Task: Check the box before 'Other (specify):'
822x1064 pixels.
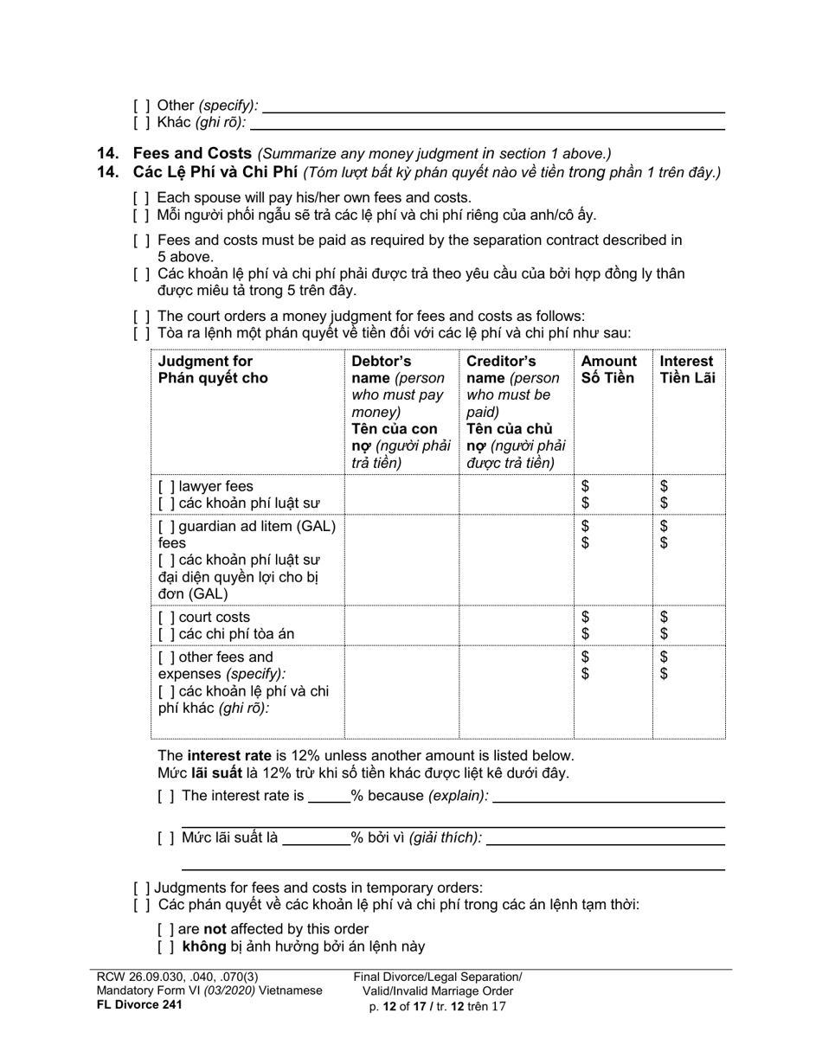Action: (x=141, y=106)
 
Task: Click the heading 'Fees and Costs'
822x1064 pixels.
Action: (x=191, y=154)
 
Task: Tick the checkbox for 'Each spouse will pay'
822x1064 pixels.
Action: (x=141, y=198)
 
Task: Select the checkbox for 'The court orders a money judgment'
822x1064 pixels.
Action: (x=141, y=317)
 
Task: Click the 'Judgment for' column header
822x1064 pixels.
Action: (x=205, y=362)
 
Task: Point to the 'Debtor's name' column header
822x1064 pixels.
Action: (x=382, y=362)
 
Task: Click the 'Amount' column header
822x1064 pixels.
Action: (x=608, y=362)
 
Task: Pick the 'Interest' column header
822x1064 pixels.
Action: (x=686, y=362)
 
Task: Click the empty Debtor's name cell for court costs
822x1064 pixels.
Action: (x=401, y=625)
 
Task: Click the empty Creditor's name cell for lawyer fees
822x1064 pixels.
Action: (x=516, y=495)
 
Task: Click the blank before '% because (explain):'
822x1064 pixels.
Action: (x=329, y=796)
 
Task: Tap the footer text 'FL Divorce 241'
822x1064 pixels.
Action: (x=139, y=1004)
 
